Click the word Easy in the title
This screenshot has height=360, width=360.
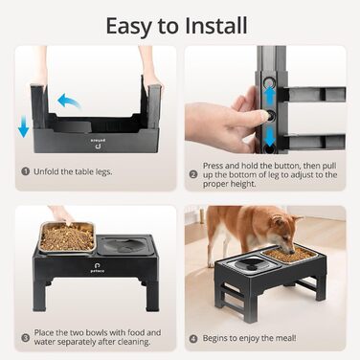click(x=128, y=27)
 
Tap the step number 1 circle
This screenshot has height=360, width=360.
click(x=26, y=171)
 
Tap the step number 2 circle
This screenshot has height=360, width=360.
click(x=193, y=174)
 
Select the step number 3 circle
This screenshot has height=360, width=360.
click(x=26, y=338)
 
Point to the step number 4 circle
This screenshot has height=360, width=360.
click(x=193, y=339)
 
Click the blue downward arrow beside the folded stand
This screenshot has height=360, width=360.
click(x=23, y=126)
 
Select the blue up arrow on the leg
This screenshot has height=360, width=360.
click(x=270, y=96)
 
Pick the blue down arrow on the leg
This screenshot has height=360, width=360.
click(x=270, y=137)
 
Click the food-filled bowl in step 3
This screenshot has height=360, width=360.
click(x=67, y=237)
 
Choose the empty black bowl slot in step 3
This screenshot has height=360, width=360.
click(x=124, y=245)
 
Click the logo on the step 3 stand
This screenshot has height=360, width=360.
click(x=97, y=267)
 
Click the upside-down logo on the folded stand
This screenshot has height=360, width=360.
click(x=99, y=144)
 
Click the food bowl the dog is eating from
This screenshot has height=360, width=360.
click(x=289, y=255)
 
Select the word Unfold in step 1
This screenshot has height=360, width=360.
click(x=46, y=171)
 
